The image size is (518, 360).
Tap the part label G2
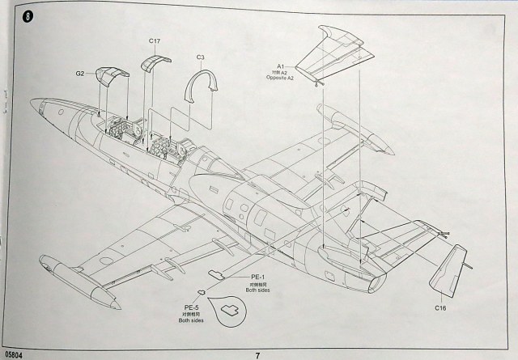click(x=80, y=74)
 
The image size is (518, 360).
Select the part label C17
click(x=155, y=40)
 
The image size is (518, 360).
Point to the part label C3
click(x=201, y=57)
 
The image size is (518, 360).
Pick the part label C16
click(x=439, y=307)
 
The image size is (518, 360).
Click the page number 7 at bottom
click(x=257, y=354)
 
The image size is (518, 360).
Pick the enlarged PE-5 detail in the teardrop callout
click(x=228, y=307)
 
